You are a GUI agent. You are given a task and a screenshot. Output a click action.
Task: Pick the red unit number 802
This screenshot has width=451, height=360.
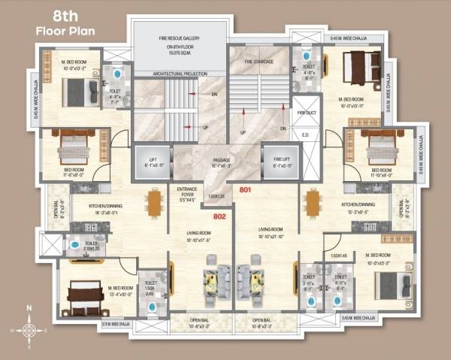point(219,216)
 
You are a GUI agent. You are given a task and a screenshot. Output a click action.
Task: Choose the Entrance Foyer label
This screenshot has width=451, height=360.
point(187,194)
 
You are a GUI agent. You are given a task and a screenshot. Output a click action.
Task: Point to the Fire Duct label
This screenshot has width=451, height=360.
point(307,113)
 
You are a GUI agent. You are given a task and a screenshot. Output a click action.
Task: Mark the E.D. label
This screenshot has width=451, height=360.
point(306,135)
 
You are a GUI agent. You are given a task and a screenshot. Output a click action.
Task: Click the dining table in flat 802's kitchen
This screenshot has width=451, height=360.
point(155,202)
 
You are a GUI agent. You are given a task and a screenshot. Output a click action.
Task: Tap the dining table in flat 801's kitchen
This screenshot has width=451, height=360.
point(310,202)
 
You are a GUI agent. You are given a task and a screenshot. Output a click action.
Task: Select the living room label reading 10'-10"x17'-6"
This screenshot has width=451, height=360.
point(198,237)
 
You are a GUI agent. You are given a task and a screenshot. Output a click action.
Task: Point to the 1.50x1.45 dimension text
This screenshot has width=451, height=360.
point(337,256)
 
